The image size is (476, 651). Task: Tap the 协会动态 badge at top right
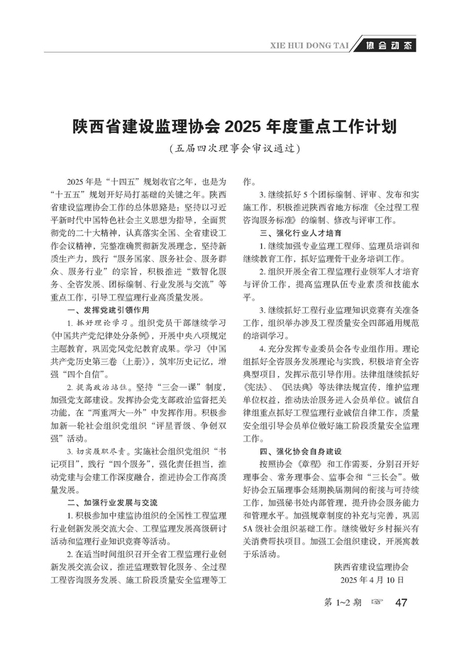point(389,46)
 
